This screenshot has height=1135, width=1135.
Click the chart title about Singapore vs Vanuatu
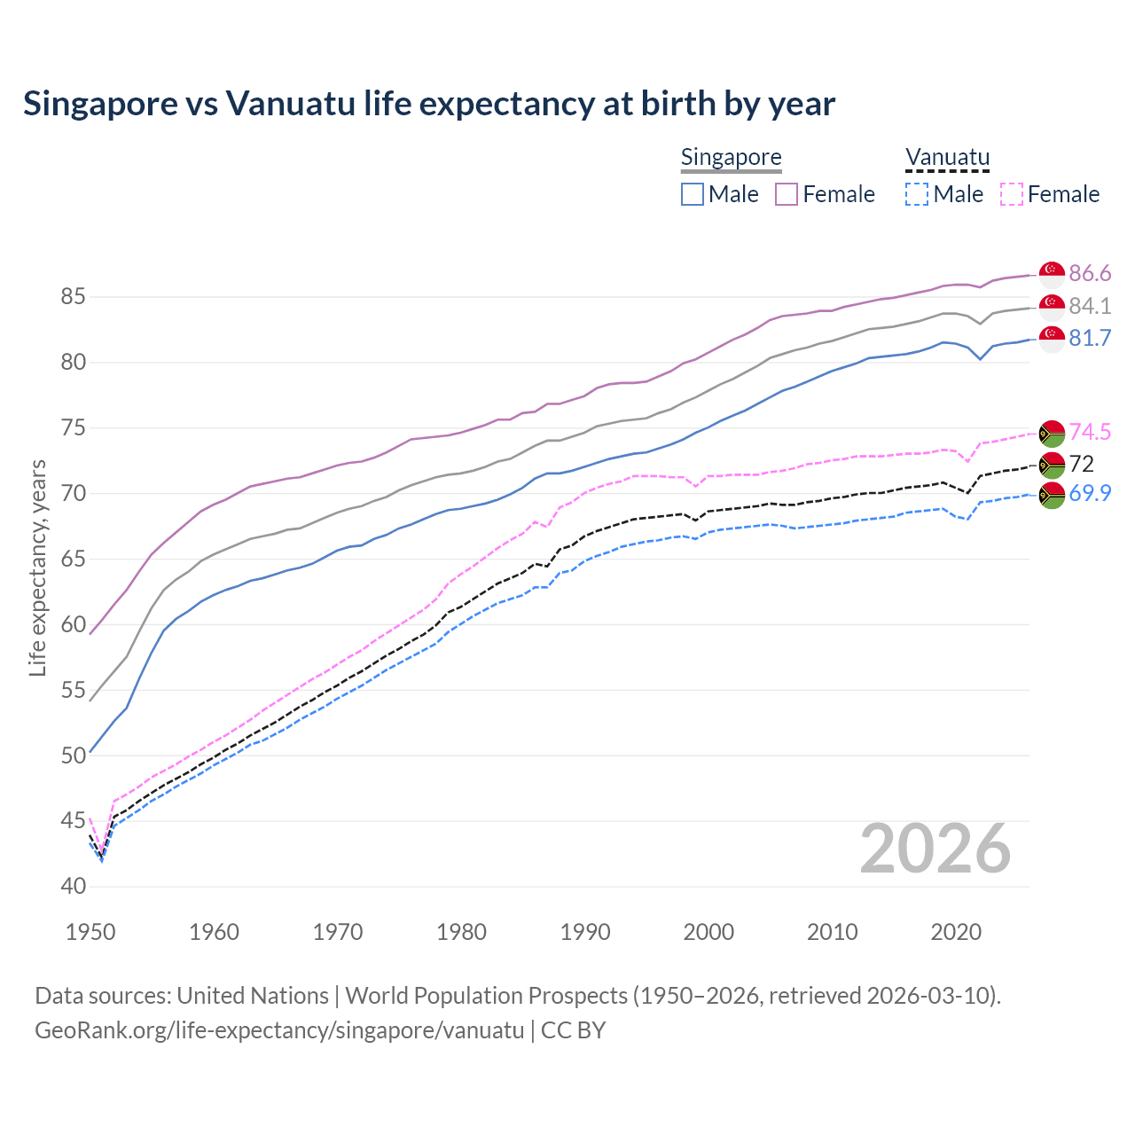tap(429, 104)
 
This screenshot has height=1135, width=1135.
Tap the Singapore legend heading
tap(731, 157)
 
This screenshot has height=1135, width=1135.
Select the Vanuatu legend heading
tap(947, 157)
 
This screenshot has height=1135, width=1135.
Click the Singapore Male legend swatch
tap(693, 194)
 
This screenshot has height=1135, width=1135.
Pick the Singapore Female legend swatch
tap(787, 194)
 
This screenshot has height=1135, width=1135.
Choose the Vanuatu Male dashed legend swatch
tap(917, 194)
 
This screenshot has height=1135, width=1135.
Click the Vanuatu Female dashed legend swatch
tap(1011, 194)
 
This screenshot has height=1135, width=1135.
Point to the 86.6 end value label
tap(1090, 273)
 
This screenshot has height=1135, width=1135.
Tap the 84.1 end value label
tap(1090, 306)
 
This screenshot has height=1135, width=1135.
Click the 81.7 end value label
tap(1090, 338)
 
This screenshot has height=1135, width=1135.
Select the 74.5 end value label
tap(1090, 432)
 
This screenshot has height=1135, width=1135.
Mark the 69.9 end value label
tap(1090, 494)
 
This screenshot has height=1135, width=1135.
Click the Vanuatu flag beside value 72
tap(1052, 464)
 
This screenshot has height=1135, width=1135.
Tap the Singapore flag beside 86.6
tap(1052, 274)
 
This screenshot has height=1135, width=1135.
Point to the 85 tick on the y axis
tap(73, 296)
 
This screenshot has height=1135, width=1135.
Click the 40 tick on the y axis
tap(73, 886)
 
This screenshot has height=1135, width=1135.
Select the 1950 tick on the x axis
tap(90, 932)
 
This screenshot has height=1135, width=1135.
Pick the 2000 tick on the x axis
tap(708, 932)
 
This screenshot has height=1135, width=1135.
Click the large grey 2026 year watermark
tap(935, 849)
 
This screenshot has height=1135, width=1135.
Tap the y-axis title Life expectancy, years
tap(37, 567)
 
